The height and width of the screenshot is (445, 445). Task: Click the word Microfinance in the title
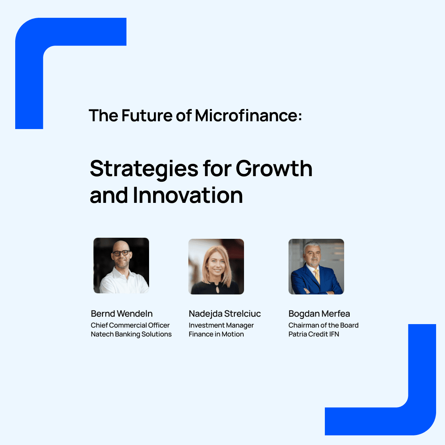coord(248,115)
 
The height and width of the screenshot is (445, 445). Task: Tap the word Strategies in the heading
coord(144,169)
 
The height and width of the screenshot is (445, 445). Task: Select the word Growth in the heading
coord(274,168)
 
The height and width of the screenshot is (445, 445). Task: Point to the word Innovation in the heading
coord(188,195)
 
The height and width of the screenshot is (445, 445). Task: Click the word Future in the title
coord(147,115)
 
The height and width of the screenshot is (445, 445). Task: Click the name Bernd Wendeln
coord(122,314)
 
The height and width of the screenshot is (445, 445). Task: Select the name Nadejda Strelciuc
coord(225,314)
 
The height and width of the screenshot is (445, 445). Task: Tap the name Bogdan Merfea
coord(319,314)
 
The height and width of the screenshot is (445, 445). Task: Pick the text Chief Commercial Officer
coord(130,325)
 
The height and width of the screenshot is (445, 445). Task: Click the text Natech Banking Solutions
coord(131,334)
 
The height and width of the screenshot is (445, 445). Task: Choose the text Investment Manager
coord(221,325)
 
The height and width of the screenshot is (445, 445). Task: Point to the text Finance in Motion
coord(216,334)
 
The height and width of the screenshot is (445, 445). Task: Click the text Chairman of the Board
coord(323,325)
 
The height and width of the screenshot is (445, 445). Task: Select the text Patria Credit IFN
coord(314,334)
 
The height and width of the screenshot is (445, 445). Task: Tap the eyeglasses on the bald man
coord(121,253)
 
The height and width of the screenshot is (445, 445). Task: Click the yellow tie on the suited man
coord(317,276)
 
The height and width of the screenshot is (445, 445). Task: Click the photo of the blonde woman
coord(216,267)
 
